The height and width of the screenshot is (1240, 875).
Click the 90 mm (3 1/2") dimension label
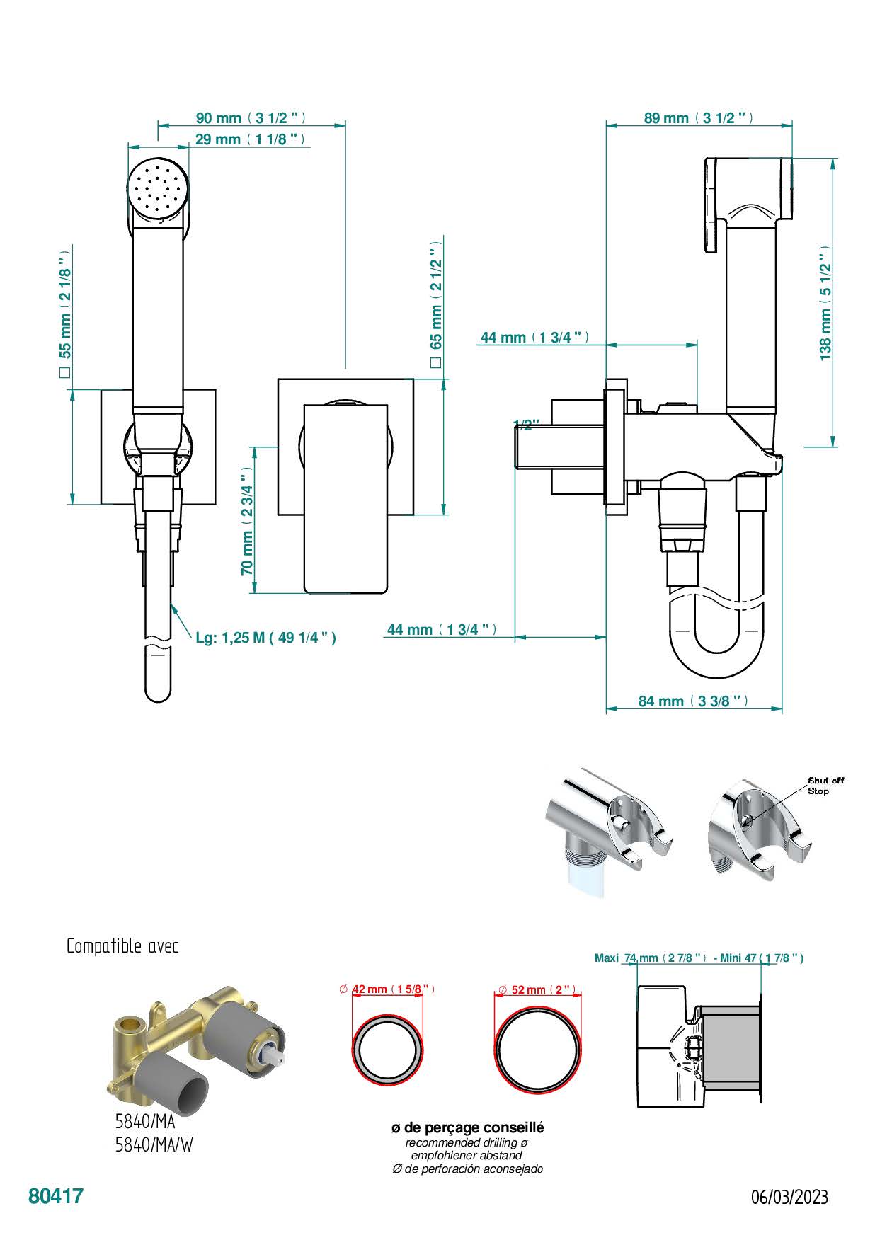(251, 118)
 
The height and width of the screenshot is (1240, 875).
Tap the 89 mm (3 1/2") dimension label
(698, 118)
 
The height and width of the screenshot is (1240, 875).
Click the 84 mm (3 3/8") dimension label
(693, 701)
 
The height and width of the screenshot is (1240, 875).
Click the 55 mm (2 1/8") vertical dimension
(65, 311)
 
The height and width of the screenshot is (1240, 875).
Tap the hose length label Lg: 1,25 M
(265, 638)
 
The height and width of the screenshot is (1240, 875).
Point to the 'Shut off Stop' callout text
(825, 786)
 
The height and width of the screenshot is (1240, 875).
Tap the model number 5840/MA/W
(154, 1144)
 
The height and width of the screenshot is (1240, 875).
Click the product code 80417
(56, 1196)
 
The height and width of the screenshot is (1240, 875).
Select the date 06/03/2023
(789, 1197)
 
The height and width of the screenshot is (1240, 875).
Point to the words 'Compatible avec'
(122, 946)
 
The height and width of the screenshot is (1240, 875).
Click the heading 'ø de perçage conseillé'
(468, 1127)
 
